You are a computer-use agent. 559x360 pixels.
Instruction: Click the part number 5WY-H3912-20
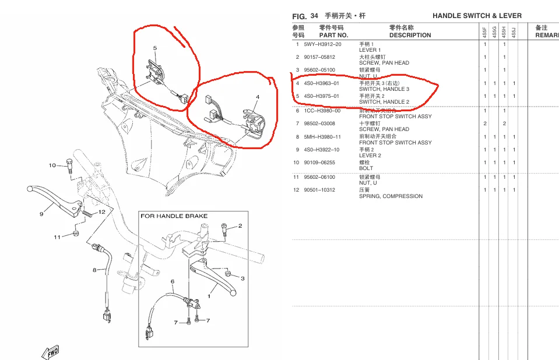click(x=322, y=44)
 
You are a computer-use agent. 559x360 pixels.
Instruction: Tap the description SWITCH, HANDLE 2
click(x=384, y=102)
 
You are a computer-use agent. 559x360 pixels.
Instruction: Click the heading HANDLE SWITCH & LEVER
click(x=477, y=16)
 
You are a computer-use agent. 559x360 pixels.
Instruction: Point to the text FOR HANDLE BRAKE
click(x=174, y=216)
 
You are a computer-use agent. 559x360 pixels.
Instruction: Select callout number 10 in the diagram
click(x=52, y=165)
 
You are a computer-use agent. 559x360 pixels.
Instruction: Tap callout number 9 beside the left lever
click(x=41, y=214)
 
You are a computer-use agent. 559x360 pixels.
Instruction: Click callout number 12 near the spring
click(x=101, y=211)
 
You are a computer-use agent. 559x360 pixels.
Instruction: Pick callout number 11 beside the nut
click(x=57, y=237)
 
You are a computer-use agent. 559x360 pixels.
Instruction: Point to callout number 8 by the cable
click(x=94, y=270)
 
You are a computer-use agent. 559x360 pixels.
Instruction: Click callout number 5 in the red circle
click(x=155, y=48)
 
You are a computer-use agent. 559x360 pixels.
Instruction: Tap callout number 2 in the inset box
click(x=240, y=225)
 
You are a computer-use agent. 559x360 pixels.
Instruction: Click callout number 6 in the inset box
click(x=172, y=282)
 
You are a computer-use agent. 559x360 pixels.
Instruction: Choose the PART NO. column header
click(x=333, y=35)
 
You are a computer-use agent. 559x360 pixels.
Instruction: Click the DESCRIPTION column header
click(x=410, y=35)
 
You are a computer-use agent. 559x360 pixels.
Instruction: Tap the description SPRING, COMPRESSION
click(x=391, y=196)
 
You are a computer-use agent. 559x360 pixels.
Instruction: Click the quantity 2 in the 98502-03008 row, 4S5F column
click(x=485, y=123)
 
